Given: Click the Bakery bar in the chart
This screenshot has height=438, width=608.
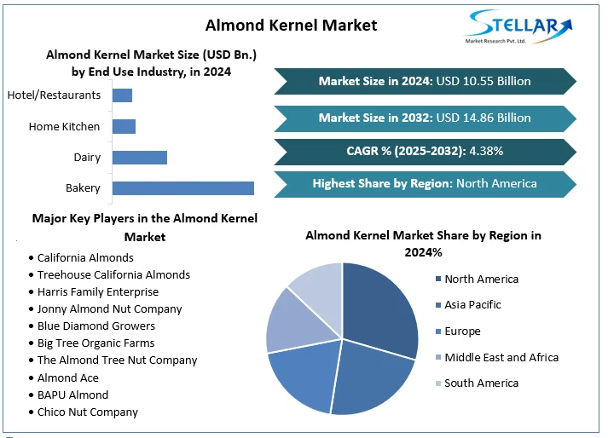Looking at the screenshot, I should pyautogui.click(x=182, y=188).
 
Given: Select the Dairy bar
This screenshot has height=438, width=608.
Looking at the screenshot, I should pyautogui.click(x=139, y=158).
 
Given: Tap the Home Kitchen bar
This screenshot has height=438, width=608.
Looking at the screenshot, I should pyautogui.click(x=124, y=127).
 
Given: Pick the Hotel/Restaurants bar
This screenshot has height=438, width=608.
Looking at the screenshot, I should pyautogui.click(x=122, y=95).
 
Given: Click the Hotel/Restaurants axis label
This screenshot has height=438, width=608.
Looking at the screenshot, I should pyautogui.click(x=54, y=95).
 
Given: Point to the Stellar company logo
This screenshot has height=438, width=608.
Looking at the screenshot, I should pyautogui.click(x=512, y=27).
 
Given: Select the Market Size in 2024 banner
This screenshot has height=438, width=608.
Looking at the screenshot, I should pyautogui.click(x=425, y=81).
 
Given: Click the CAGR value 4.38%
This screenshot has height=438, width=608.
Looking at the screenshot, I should pyautogui.click(x=484, y=151).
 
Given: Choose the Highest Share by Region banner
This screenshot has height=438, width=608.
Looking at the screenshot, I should pyautogui.click(x=425, y=183).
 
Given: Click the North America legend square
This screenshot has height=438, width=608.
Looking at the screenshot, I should pyautogui.click(x=438, y=280).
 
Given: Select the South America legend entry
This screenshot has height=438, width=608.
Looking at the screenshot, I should pyautogui.click(x=481, y=383).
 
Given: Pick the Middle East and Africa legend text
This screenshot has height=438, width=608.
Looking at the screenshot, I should pyautogui.click(x=501, y=358).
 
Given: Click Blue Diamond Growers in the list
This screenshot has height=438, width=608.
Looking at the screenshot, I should pyautogui.click(x=96, y=326).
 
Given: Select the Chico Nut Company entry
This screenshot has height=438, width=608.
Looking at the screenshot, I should pyautogui.click(x=87, y=412).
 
